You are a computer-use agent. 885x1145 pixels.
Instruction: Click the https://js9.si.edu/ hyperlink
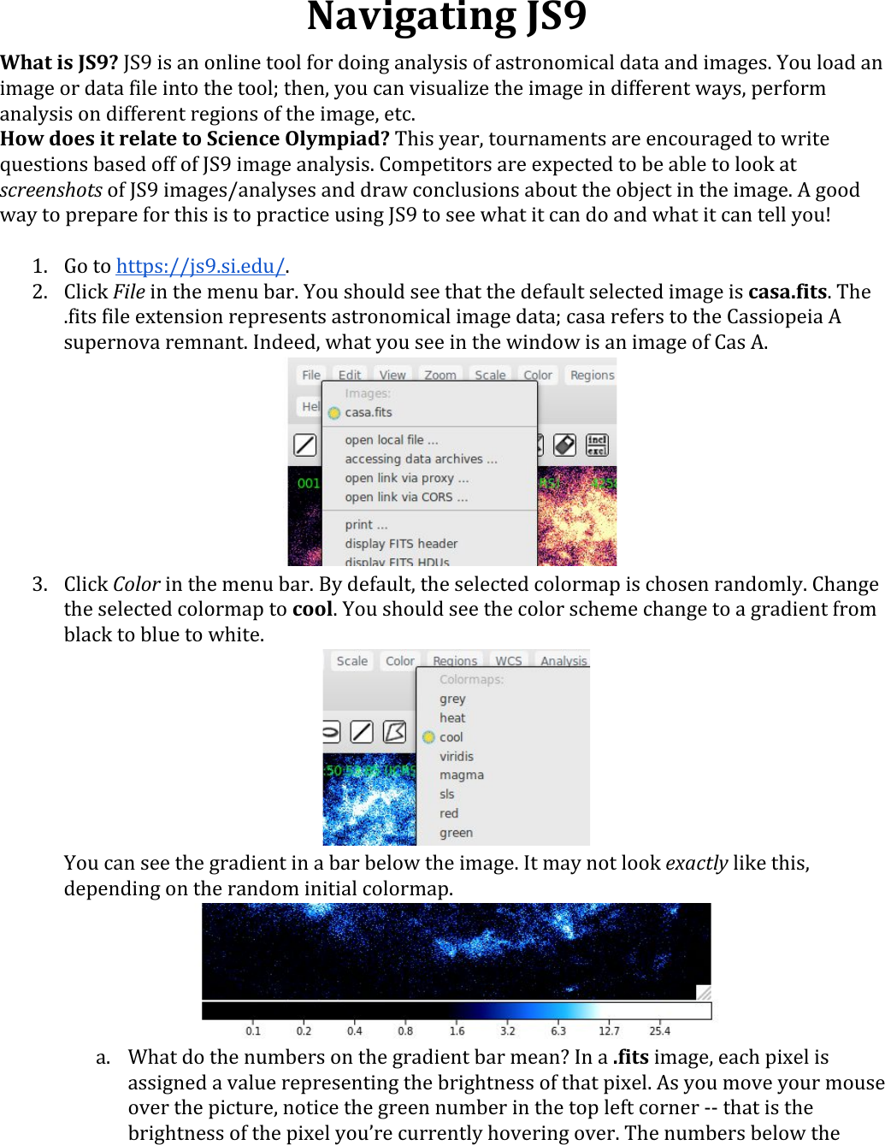[x=200, y=267]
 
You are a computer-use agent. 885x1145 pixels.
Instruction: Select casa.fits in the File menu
[x=369, y=412]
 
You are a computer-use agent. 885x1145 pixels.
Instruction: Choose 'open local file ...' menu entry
[x=391, y=440]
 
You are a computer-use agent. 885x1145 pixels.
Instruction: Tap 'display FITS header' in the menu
[x=401, y=543]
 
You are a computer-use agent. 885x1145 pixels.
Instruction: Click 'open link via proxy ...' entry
[x=406, y=478]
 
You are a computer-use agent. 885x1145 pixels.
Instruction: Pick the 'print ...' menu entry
[x=366, y=524]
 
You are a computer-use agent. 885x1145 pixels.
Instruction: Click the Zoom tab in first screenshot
[x=440, y=375]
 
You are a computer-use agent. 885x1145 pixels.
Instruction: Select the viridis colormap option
[x=456, y=756]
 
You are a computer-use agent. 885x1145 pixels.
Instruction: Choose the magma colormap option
[x=461, y=775]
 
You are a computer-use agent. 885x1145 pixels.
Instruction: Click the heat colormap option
[x=452, y=717]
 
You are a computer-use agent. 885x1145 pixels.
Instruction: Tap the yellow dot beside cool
[x=428, y=737]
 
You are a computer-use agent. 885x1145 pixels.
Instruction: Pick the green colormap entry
[x=456, y=832]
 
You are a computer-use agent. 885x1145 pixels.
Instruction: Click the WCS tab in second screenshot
[x=508, y=661]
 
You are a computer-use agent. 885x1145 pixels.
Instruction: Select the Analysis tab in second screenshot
[x=563, y=661]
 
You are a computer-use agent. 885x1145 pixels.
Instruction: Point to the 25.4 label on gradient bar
[x=659, y=1030]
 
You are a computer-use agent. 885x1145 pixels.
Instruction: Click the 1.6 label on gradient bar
[x=457, y=1030]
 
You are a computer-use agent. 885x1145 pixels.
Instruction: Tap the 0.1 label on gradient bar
[x=253, y=1030]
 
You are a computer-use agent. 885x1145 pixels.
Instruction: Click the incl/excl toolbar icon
[x=596, y=445]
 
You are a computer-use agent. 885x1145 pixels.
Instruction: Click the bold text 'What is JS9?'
[x=59, y=63]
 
